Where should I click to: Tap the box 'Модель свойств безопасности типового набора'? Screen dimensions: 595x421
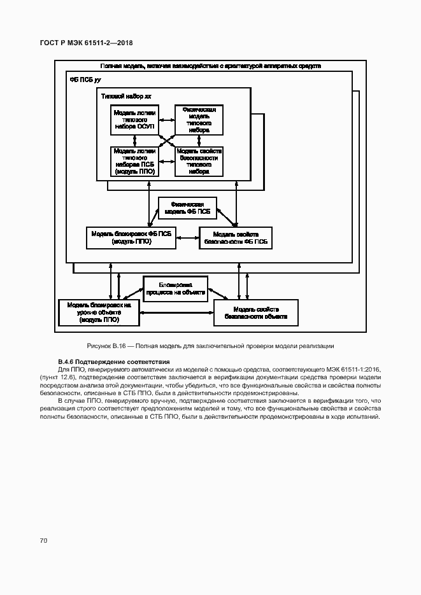pyautogui.click(x=199, y=161)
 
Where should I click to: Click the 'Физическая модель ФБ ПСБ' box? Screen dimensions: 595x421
pyautogui.click(x=187, y=207)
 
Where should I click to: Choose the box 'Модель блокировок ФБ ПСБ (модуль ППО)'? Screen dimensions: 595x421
pyautogui.click(x=132, y=237)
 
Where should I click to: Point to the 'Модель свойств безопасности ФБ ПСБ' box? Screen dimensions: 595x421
pyautogui.click(x=236, y=237)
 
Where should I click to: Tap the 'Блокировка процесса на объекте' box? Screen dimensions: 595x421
pyautogui.click(x=173, y=288)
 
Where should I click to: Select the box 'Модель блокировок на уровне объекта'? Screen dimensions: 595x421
pyautogui.click(x=99, y=312)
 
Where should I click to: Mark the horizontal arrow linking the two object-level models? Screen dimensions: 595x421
pyautogui.click(x=176, y=312)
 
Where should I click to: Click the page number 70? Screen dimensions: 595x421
pyautogui.click(x=43, y=540)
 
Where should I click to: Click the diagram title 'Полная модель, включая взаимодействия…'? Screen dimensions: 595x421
pyautogui.click(x=210, y=66)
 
